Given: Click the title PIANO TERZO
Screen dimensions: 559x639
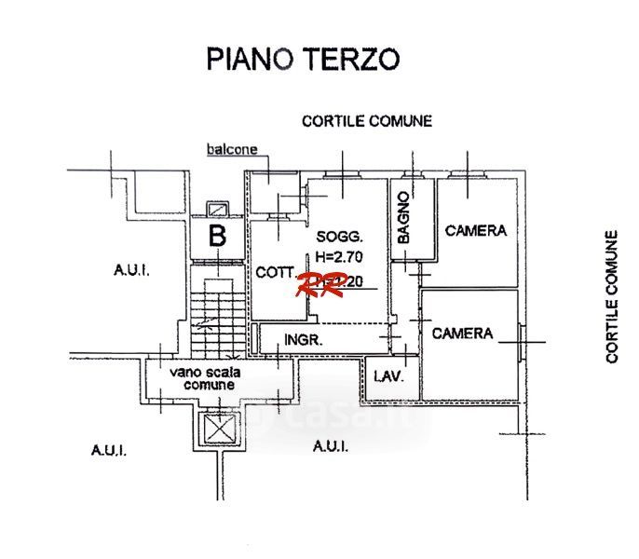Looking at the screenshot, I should (303, 58).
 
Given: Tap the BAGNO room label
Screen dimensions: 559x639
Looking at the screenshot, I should (404, 218).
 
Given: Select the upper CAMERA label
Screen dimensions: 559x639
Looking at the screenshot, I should (475, 230).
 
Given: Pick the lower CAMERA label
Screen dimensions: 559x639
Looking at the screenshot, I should (463, 333).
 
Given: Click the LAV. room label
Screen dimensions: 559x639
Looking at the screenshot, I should (387, 376).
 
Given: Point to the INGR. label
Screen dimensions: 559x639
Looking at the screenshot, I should (304, 340).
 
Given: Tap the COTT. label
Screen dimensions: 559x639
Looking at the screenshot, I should (274, 271).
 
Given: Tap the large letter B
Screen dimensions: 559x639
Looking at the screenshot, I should (217, 237).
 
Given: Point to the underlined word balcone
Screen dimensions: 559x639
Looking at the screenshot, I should (231, 149).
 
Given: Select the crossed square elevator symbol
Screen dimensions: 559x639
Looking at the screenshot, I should (221, 429).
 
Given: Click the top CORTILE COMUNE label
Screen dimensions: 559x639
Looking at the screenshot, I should (366, 121).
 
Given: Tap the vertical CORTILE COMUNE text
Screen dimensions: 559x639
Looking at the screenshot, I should (612, 296).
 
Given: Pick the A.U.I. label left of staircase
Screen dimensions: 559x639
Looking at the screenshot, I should (131, 270).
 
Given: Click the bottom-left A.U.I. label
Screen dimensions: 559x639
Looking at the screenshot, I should (109, 449).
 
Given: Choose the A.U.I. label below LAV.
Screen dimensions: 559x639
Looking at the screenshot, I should (331, 447).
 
